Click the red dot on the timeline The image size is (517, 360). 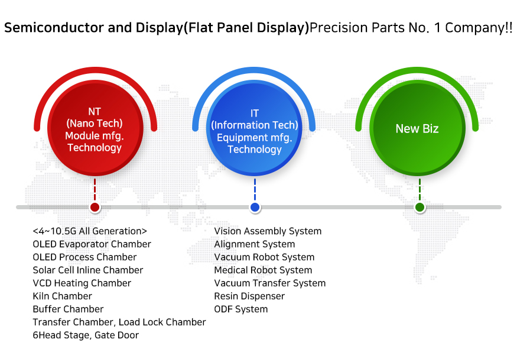pyautogui.click(x=95, y=207)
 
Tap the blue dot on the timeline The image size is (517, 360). pyautogui.click(x=255, y=207)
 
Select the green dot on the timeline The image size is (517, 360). pyautogui.click(x=420, y=207)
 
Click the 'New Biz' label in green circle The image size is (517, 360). pyautogui.click(x=417, y=129)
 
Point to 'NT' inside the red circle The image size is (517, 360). pyautogui.click(x=95, y=112)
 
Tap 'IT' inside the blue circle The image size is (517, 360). pyautogui.click(x=255, y=113)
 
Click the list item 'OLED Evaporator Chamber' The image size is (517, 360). pyautogui.click(x=92, y=244)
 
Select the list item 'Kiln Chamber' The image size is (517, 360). pyautogui.click(x=62, y=296)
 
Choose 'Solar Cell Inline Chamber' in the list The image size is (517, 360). pyautogui.click(x=88, y=270)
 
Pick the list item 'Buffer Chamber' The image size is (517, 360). pyautogui.click(x=69, y=309)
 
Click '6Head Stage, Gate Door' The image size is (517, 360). pyautogui.click(x=86, y=335)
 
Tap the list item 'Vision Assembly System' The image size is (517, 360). pyautogui.click(x=268, y=231)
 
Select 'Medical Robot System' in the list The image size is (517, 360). pyautogui.click(x=263, y=270)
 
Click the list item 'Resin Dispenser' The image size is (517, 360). pyautogui.click(x=249, y=296)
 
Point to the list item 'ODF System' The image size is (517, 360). pyautogui.click(x=241, y=310)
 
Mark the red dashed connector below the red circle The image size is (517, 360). pyautogui.click(x=95, y=189)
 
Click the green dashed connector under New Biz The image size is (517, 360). pyautogui.click(x=420, y=189)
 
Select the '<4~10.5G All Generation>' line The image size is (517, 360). pyautogui.click(x=90, y=231)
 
